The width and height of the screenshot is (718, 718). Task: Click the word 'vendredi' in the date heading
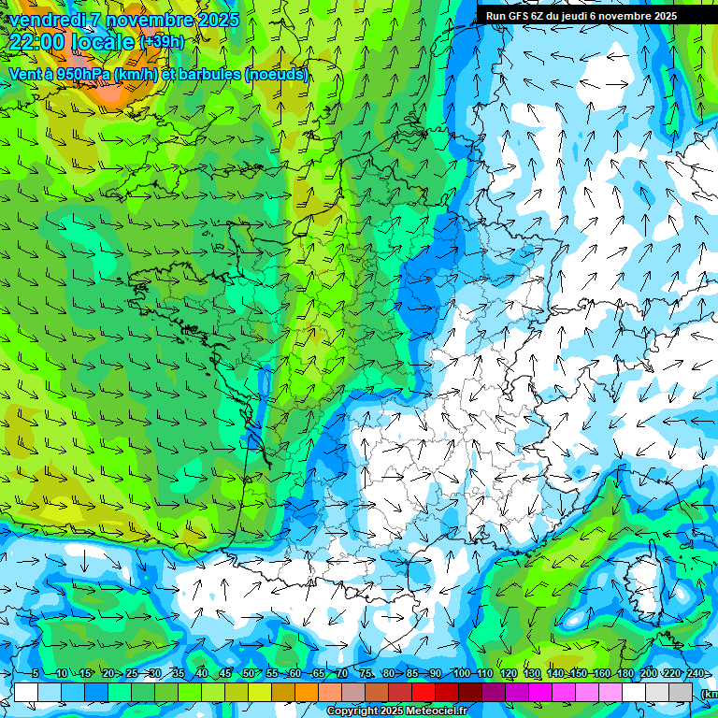[47, 20]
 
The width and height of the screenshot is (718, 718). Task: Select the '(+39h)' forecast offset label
[161, 42]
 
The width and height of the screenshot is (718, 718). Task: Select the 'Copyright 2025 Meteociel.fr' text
[396, 711]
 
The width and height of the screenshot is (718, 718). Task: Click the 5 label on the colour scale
[36, 674]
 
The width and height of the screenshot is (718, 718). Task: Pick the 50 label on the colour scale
[248, 674]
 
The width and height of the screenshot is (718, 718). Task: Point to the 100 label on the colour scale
[461, 674]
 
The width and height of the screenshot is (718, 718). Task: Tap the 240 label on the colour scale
[695, 674]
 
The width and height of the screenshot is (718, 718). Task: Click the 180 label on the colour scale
[625, 674]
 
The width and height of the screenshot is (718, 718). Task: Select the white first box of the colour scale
[26, 692]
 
